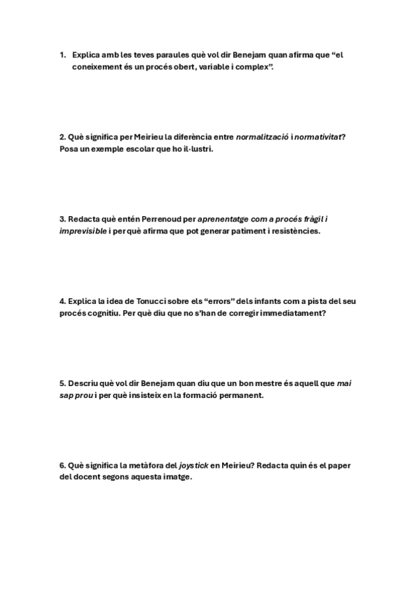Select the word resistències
[298, 231]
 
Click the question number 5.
[62, 383]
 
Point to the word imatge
[175, 478]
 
